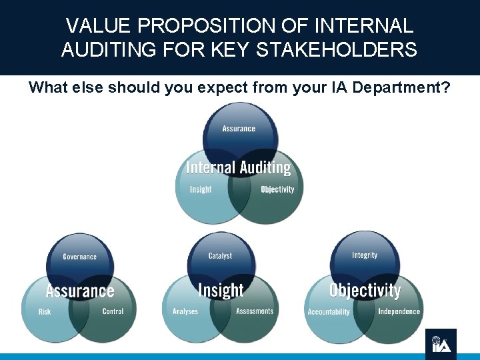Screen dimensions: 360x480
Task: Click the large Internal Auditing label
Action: click(x=239, y=168)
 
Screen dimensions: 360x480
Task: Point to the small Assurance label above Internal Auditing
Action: click(x=239, y=129)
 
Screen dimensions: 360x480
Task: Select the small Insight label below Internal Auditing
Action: click(x=201, y=189)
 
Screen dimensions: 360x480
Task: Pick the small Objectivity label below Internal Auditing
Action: click(x=277, y=189)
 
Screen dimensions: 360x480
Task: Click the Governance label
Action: click(x=79, y=257)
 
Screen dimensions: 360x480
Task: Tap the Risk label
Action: click(x=45, y=311)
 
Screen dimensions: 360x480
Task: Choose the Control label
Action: click(x=113, y=311)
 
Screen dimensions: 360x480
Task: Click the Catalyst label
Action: click(x=220, y=256)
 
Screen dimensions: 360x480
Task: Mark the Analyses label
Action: click(x=185, y=311)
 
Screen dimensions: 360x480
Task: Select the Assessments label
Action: click(x=255, y=311)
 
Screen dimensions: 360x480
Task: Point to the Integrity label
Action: click(x=365, y=255)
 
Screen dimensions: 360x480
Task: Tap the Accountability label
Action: click(x=329, y=312)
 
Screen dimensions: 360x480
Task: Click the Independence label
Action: click(x=399, y=311)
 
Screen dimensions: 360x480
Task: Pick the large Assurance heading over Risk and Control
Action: click(x=80, y=291)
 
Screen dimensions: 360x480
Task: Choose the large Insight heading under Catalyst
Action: click(x=221, y=291)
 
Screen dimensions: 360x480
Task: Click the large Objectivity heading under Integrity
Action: click(x=365, y=291)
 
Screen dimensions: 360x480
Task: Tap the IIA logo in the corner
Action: click(x=441, y=344)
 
